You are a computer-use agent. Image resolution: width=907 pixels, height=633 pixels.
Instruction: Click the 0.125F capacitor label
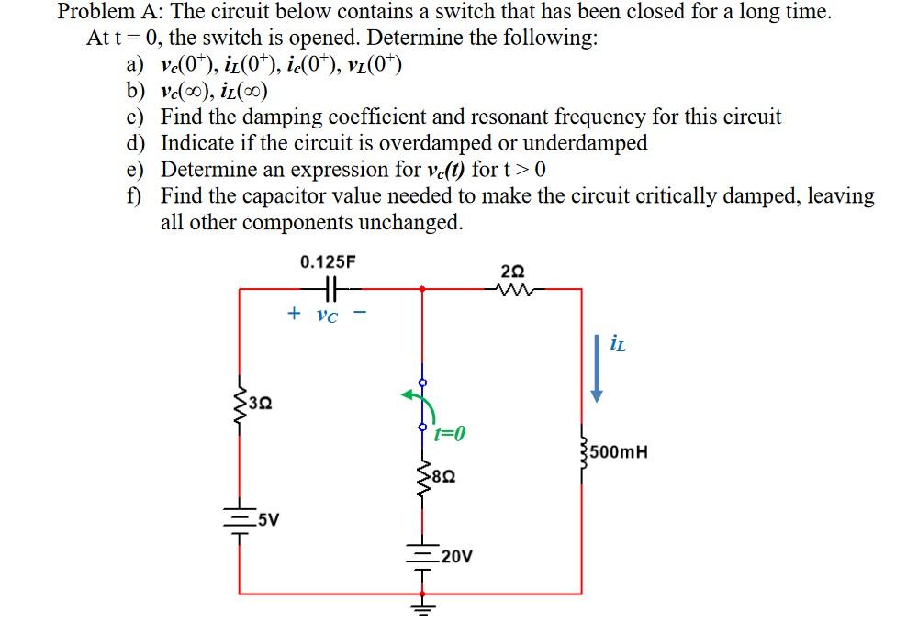click(329, 262)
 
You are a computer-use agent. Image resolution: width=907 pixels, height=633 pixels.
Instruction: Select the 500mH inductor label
click(620, 451)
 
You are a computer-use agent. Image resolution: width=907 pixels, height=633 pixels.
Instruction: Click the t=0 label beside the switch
click(451, 432)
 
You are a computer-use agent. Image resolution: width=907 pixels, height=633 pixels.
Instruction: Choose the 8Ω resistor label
click(444, 477)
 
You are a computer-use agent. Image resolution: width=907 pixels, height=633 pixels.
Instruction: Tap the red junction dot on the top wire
click(421, 289)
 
